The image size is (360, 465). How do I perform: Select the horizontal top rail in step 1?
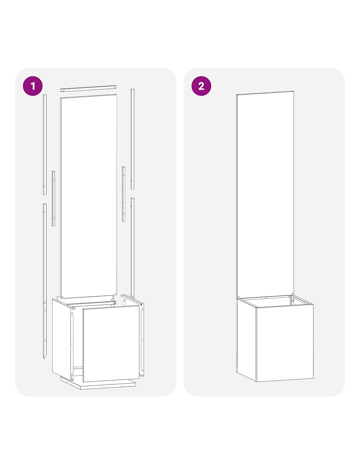(88, 88)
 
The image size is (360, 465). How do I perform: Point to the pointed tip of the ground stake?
(44, 358)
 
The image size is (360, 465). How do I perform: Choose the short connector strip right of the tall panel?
(124, 194)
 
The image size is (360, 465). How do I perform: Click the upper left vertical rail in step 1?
(45, 145)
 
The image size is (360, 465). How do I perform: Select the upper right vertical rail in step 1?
(133, 139)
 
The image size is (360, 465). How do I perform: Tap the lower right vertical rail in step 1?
(133, 248)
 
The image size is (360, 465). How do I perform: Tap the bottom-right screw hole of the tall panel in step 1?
(116, 293)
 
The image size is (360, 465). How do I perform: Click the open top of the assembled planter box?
(275, 301)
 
